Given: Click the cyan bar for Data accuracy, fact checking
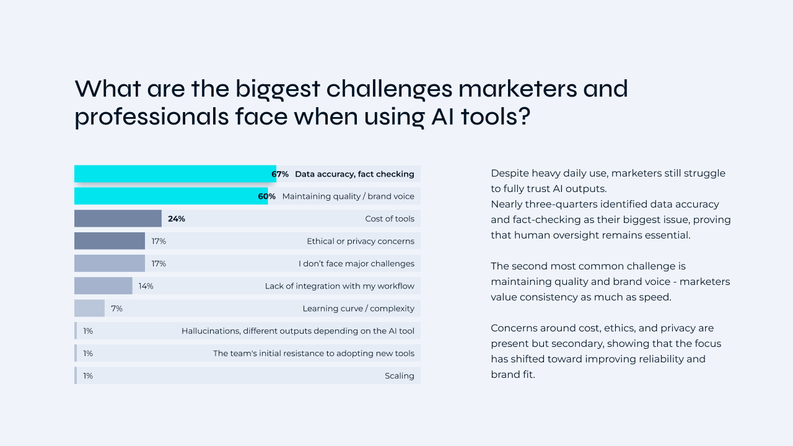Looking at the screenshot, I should click(x=173, y=174).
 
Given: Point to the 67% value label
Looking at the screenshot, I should click(x=280, y=174).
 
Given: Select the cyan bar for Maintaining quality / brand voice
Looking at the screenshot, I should click(x=170, y=196).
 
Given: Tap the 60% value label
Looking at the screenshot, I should click(x=267, y=196).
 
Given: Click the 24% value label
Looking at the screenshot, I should click(x=177, y=219).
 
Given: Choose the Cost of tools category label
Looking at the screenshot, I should click(x=389, y=219).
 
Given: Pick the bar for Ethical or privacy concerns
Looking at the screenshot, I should click(x=110, y=241).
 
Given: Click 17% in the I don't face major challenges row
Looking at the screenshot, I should click(x=159, y=263).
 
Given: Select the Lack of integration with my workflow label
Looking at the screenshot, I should click(x=340, y=286).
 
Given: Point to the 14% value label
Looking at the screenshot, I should click(x=146, y=286).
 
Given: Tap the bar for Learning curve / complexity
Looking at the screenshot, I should click(x=89, y=308).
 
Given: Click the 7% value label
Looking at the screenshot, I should click(x=116, y=308).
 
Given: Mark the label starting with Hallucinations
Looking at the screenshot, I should click(x=297, y=331).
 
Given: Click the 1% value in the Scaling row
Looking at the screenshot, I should click(x=88, y=375).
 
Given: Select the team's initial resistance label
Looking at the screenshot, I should click(x=313, y=353).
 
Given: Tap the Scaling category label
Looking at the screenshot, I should click(x=399, y=375).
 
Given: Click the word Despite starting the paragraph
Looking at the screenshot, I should click(x=510, y=173).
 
